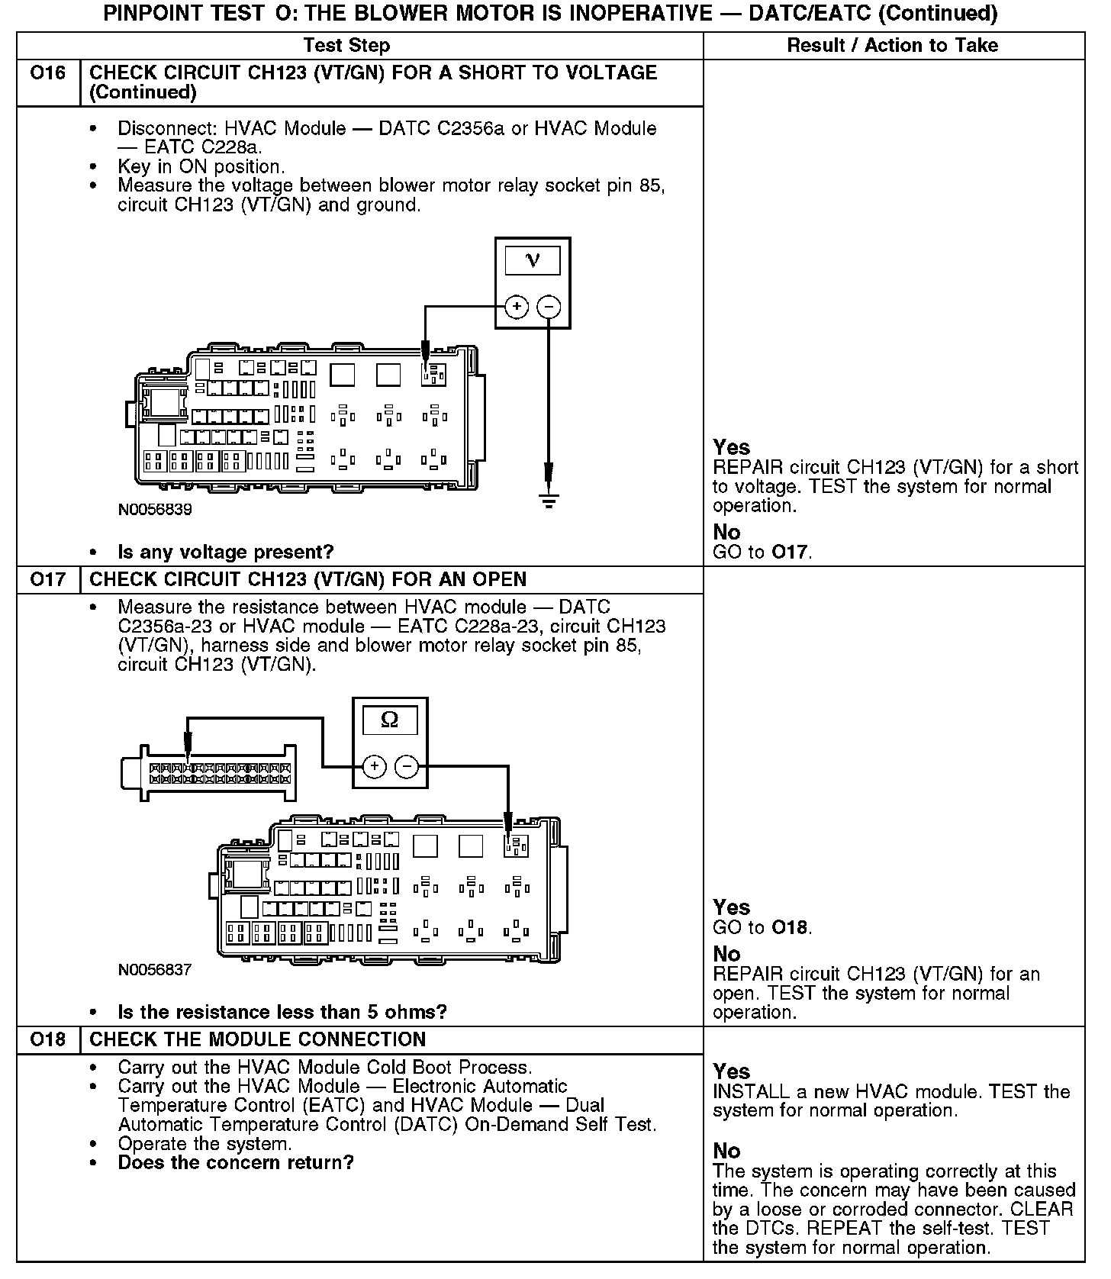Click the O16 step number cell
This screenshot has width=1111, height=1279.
(x=48, y=73)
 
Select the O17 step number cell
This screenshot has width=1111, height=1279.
(x=48, y=579)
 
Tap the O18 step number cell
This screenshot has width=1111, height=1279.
(x=48, y=1039)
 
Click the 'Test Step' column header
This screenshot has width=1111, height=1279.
(x=346, y=46)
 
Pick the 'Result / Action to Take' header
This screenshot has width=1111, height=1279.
(x=892, y=46)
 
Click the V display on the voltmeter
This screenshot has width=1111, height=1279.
(x=533, y=260)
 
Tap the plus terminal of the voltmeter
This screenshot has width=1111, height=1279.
(x=517, y=307)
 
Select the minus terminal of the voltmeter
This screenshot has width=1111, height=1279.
(x=549, y=307)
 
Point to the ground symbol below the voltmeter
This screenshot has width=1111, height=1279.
(x=549, y=500)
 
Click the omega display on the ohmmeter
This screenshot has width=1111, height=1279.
(x=389, y=720)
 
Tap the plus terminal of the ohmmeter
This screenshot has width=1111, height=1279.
(x=374, y=766)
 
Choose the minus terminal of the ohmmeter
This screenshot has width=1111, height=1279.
(x=407, y=766)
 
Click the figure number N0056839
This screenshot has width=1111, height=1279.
(x=155, y=510)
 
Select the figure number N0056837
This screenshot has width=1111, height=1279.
(x=155, y=970)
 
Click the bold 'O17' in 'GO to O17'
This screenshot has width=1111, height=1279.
(x=789, y=552)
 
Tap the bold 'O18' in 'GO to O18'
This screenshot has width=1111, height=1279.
(x=789, y=928)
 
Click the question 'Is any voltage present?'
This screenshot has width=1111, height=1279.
(x=226, y=552)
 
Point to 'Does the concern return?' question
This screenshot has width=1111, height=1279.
(x=236, y=1163)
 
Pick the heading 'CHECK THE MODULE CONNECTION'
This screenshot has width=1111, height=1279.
(x=258, y=1039)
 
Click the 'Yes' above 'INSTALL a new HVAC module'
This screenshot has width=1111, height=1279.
(x=731, y=1071)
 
